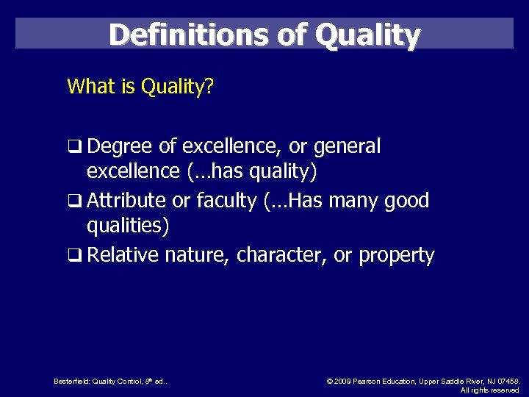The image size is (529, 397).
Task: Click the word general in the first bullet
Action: coord(347,147)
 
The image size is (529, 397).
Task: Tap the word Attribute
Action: coord(129,201)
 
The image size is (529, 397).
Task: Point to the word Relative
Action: coord(123,255)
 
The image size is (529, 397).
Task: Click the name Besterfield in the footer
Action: coord(71,381)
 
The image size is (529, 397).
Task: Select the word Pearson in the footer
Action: coord(370,381)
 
